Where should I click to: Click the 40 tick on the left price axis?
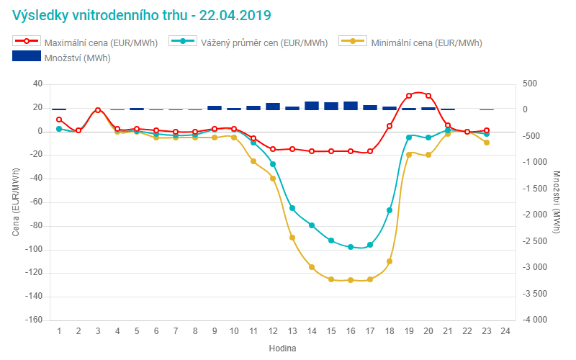[37, 84]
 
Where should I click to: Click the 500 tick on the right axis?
[530, 84]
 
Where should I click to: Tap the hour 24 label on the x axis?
[505, 331]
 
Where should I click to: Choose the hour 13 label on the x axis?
[292, 331]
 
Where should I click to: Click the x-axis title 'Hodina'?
[282, 348]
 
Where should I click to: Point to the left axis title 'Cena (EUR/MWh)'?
[17, 202]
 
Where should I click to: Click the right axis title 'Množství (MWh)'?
[557, 202]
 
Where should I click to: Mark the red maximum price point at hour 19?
[409, 95]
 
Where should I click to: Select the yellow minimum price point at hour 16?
[351, 280]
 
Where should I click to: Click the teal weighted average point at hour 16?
[351, 247]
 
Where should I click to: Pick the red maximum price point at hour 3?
[98, 110]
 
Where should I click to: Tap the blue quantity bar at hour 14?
[312, 106]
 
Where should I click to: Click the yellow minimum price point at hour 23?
[487, 143]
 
